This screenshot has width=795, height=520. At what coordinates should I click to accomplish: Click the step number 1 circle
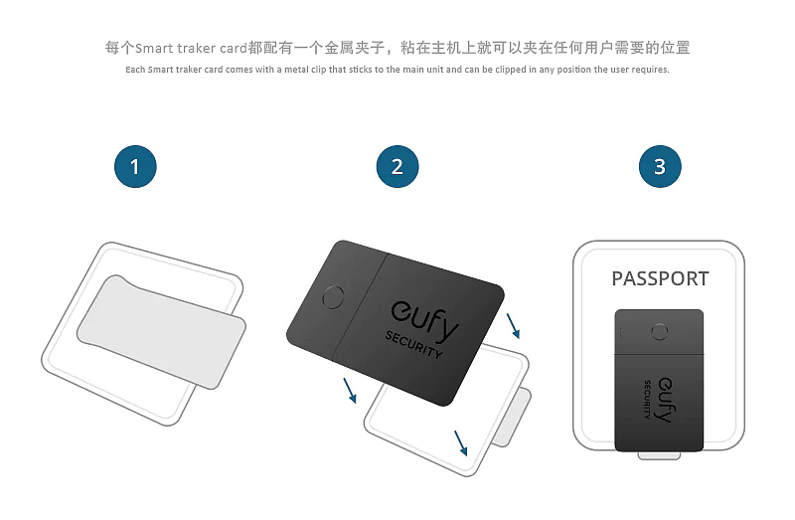pyautogui.click(x=135, y=166)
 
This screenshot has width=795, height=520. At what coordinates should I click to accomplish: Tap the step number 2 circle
pyautogui.click(x=397, y=166)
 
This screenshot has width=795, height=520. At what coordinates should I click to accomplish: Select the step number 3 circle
pyautogui.click(x=660, y=166)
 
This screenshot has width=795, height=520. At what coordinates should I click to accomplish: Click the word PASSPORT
pyautogui.click(x=660, y=278)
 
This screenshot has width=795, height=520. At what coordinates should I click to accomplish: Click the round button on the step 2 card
pyautogui.click(x=335, y=297)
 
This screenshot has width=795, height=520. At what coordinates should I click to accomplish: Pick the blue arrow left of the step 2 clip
pyautogui.click(x=349, y=390)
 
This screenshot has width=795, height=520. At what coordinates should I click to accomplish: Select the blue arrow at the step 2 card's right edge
pyautogui.click(x=513, y=325)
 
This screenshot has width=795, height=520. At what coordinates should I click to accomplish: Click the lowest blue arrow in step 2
pyautogui.click(x=460, y=441)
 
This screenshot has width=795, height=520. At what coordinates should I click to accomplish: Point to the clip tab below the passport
pyautogui.click(x=658, y=455)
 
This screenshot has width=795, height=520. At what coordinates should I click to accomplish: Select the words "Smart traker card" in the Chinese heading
pyautogui.click(x=190, y=48)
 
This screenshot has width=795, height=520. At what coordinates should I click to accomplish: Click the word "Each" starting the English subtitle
pyautogui.click(x=137, y=70)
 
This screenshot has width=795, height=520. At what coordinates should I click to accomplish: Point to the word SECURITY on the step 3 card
pyautogui.click(x=648, y=399)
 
